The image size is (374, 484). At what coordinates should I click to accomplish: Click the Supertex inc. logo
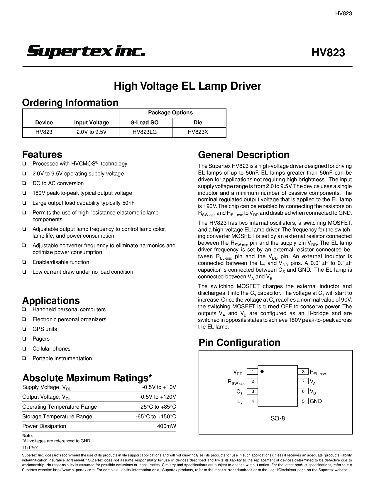86,52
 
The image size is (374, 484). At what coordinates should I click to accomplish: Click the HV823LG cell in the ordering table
145,132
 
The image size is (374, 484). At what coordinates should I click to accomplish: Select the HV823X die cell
198,132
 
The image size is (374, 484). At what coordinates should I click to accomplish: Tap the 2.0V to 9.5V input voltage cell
91,132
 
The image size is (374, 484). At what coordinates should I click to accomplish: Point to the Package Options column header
170,113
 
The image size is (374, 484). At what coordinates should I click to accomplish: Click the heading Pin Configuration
239,342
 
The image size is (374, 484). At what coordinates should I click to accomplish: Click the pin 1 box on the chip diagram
252,372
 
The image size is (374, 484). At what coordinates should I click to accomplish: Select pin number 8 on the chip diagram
303,372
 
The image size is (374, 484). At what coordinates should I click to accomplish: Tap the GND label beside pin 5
316,401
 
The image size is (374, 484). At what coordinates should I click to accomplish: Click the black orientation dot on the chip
262,371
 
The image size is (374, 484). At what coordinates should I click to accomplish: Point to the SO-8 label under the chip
277,418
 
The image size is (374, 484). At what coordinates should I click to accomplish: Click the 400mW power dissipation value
167,426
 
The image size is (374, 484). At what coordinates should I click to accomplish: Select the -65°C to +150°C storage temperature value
156,417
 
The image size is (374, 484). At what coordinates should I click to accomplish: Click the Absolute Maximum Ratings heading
87,378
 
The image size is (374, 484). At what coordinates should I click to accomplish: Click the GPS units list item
45,329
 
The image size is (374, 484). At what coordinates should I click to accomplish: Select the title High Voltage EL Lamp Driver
187,86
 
